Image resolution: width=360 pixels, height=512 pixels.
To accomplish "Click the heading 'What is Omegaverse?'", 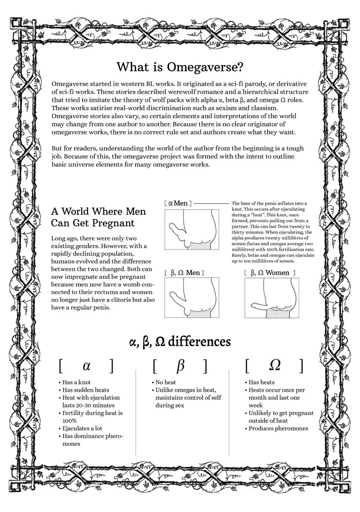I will point(180,67).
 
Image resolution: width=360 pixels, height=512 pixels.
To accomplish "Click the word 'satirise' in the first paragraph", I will point(100,108).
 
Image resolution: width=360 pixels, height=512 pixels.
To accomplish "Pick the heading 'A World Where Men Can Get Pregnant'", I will point(99,217).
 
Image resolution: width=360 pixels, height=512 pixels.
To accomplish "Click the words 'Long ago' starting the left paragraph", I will point(65,238).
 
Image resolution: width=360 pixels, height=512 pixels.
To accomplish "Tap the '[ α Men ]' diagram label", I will point(178,204).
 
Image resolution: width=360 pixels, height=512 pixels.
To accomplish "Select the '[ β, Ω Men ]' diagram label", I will point(185,273).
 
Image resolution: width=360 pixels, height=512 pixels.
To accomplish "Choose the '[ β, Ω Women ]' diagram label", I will point(269,273).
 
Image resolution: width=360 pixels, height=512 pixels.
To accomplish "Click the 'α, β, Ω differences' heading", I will point(180,341).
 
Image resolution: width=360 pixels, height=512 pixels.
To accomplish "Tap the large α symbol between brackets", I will point(86,366).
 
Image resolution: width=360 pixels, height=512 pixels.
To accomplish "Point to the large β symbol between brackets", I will point(180,366).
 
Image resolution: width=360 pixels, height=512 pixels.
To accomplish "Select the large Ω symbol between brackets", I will point(274,365).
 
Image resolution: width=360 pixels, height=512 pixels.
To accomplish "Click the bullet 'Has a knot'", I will point(77,382).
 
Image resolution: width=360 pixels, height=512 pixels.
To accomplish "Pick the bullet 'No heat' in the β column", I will point(166,382).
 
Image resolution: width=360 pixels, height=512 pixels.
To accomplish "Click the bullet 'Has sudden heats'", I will point(86,390).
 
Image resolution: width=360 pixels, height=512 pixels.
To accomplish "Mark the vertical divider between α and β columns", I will point(136,411).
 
